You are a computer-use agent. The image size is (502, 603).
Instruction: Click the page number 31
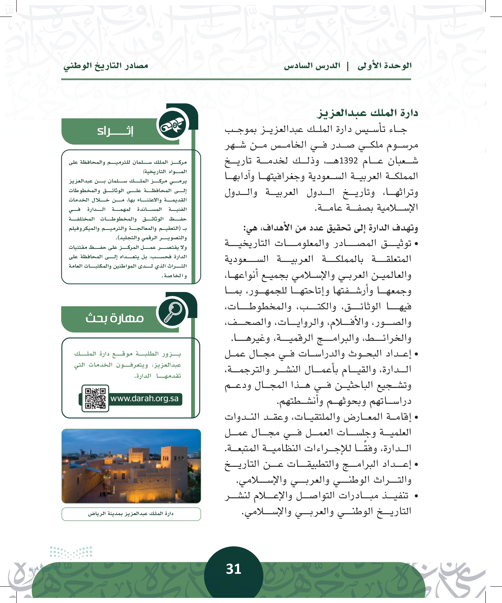pyautogui.click(x=233, y=569)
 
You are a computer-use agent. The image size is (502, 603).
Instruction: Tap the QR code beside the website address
pyautogui.click(x=95, y=398)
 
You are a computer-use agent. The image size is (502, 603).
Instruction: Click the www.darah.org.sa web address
pyautogui.click(x=144, y=399)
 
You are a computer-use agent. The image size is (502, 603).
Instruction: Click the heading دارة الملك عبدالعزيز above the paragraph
pyautogui.click(x=367, y=113)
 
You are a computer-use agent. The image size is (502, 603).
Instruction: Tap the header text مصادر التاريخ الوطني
pyautogui.click(x=106, y=66)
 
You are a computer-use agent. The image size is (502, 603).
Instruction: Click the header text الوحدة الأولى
pyautogui.click(x=384, y=66)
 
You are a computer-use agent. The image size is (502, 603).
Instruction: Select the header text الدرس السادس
pyautogui.click(x=312, y=66)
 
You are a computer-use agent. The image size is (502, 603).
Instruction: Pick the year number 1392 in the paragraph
pyautogui.click(x=349, y=161)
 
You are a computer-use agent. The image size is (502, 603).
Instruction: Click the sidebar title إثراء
pyautogui.click(x=115, y=131)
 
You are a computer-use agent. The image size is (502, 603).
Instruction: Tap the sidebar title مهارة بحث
pyautogui.click(x=115, y=318)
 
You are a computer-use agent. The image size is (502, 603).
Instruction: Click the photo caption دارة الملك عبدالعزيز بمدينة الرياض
pyautogui.click(x=131, y=513)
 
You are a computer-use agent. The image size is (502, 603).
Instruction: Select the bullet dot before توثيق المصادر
pyautogui.click(x=416, y=244)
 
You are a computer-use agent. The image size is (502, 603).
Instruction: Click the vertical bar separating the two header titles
pyautogui.click(x=348, y=66)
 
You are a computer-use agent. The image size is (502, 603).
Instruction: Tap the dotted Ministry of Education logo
pyautogui.click(x=71, y=552)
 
